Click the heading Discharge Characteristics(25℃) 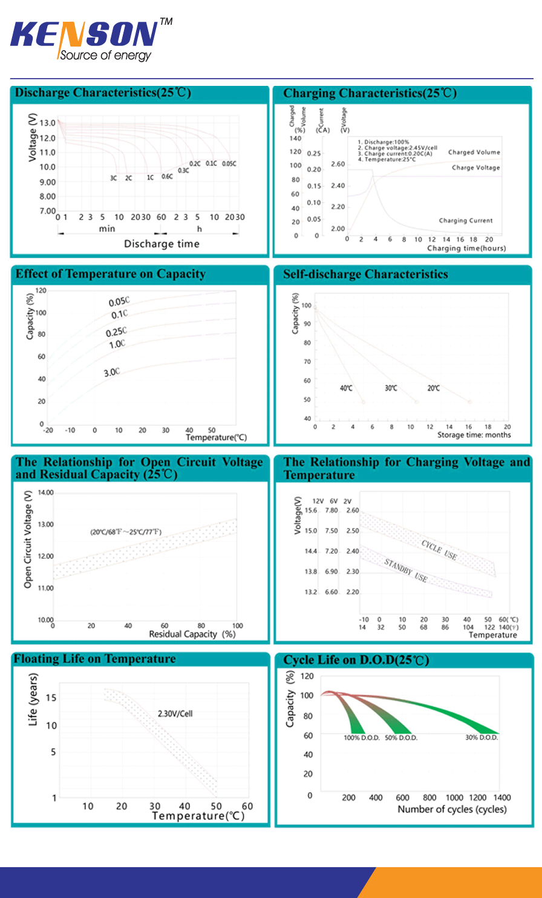103,93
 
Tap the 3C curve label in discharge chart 113,178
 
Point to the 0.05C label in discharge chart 229,164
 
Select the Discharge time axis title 162,244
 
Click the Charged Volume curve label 474,152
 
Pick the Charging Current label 465,221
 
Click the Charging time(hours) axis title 466,249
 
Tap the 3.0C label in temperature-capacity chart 112,372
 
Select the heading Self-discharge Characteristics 365,275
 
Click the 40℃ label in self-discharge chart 346,388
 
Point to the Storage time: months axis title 474,435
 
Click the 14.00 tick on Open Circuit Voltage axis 45,493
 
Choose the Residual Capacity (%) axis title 192,634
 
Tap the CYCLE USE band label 439,550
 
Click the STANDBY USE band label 406,570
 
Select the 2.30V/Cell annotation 175,714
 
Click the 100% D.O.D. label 361,738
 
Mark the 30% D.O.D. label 482,738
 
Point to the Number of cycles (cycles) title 452,810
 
